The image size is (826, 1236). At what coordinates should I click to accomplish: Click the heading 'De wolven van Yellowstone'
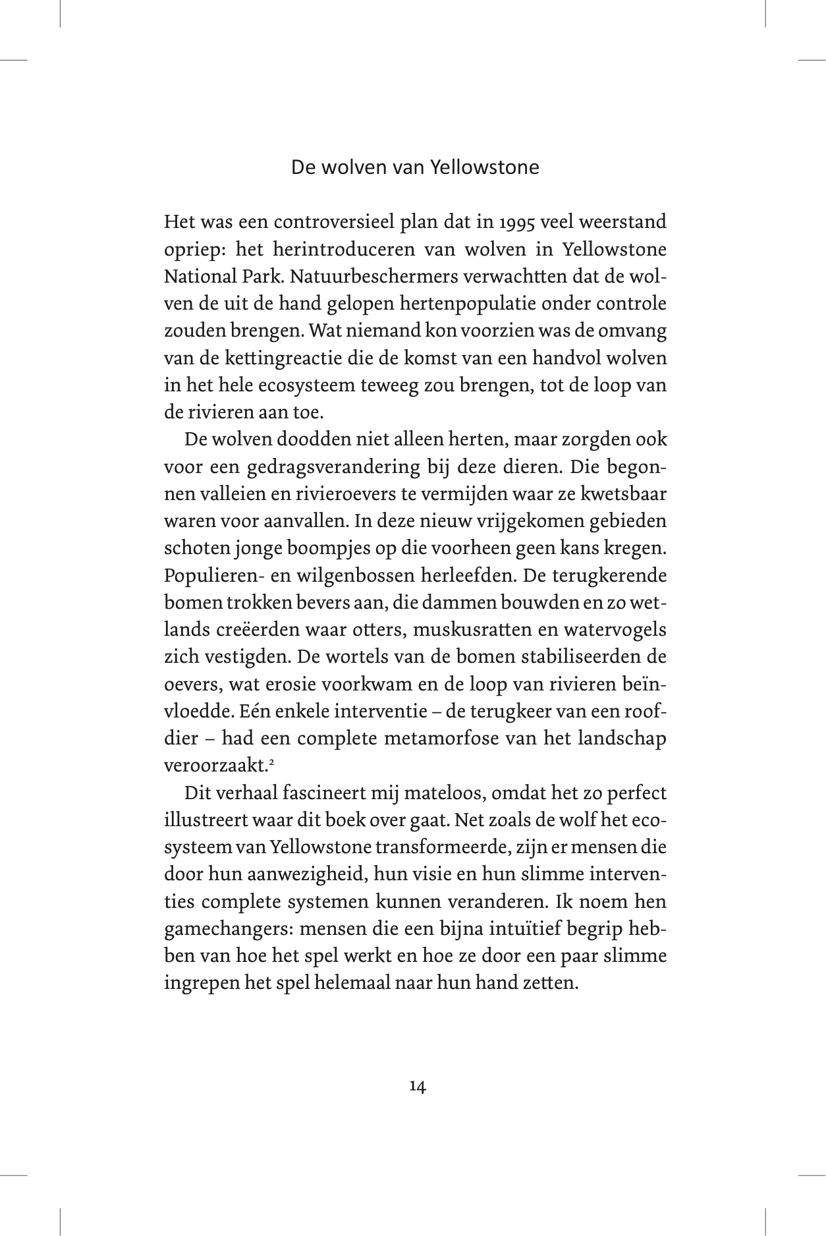coord(415,167)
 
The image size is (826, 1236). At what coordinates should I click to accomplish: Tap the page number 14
coord(417,1086)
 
